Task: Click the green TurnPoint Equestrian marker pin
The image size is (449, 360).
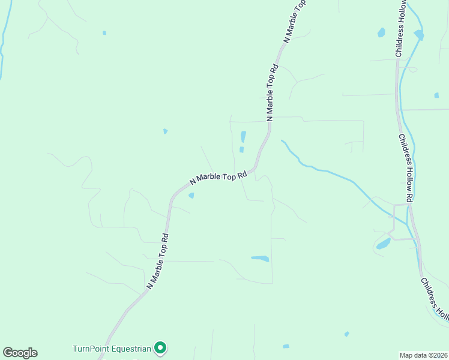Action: click(x=160, y=347)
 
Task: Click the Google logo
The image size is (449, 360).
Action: click(x=20, y=353)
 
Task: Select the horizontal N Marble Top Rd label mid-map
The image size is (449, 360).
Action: click(x=218, y=178)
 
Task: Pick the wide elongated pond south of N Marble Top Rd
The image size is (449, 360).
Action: click(x=260, y=259)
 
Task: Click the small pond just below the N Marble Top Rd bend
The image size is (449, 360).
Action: click(x=191, y=195)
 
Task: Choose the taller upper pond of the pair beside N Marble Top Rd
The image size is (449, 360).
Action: click(x=243, y=136)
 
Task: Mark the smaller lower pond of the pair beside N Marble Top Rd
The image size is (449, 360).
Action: click(x=241, y=150)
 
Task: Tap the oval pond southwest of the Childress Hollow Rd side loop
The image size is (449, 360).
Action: click(x=383, y=244)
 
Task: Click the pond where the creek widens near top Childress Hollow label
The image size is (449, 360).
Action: click(x=418, y=35)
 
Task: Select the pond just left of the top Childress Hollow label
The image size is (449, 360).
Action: click(x=381, y=32)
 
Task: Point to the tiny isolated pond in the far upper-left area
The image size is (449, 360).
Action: click(x=104, y=32)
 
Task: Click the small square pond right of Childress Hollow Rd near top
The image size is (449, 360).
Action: click(x=436, y=95)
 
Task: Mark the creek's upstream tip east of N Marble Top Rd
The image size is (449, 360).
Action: click(x=282, y=142)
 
